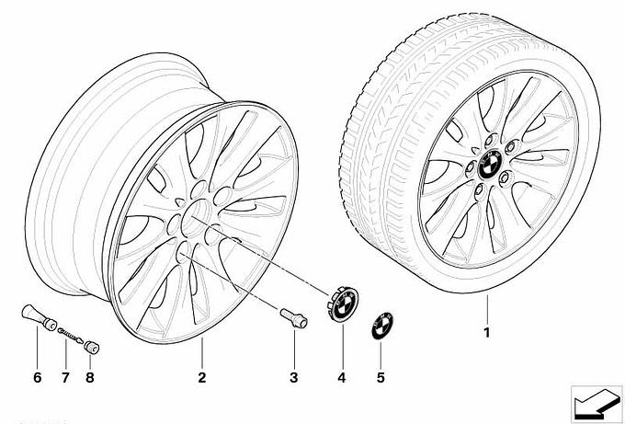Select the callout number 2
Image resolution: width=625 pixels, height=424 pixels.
point(201,377)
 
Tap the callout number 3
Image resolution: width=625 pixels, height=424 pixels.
point(294,377)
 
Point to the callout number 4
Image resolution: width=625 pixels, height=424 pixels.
point(342,377)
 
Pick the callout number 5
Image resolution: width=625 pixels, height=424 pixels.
point(381,377)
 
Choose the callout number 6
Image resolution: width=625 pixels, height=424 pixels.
point(37,377)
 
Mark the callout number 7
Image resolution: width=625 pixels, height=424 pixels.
point(65,377)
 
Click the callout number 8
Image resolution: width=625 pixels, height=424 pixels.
point(90,377)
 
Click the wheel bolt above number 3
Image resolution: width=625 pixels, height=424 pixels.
point(294,318)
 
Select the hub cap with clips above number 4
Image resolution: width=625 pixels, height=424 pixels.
point(343,304)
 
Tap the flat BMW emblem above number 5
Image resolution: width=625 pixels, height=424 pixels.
point(381,326)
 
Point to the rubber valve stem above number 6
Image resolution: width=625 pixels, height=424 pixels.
point(39,317)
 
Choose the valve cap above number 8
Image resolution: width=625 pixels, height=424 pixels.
point(92,347)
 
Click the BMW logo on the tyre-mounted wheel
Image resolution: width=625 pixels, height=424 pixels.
point(490,164)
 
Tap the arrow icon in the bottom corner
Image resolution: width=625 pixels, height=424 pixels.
point(597,404)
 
